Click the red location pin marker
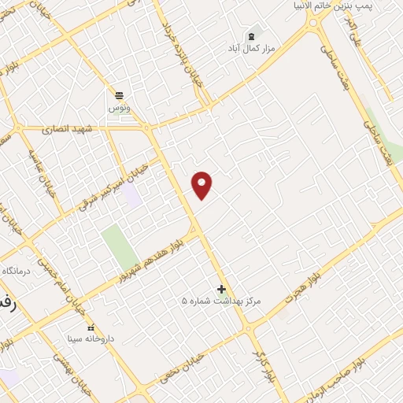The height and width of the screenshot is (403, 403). coord(202,185)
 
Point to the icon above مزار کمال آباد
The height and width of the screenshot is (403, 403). coord(252,36)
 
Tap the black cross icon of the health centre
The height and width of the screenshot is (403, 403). coord(221,289)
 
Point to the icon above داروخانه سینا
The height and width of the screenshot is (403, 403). coord(90,327)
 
